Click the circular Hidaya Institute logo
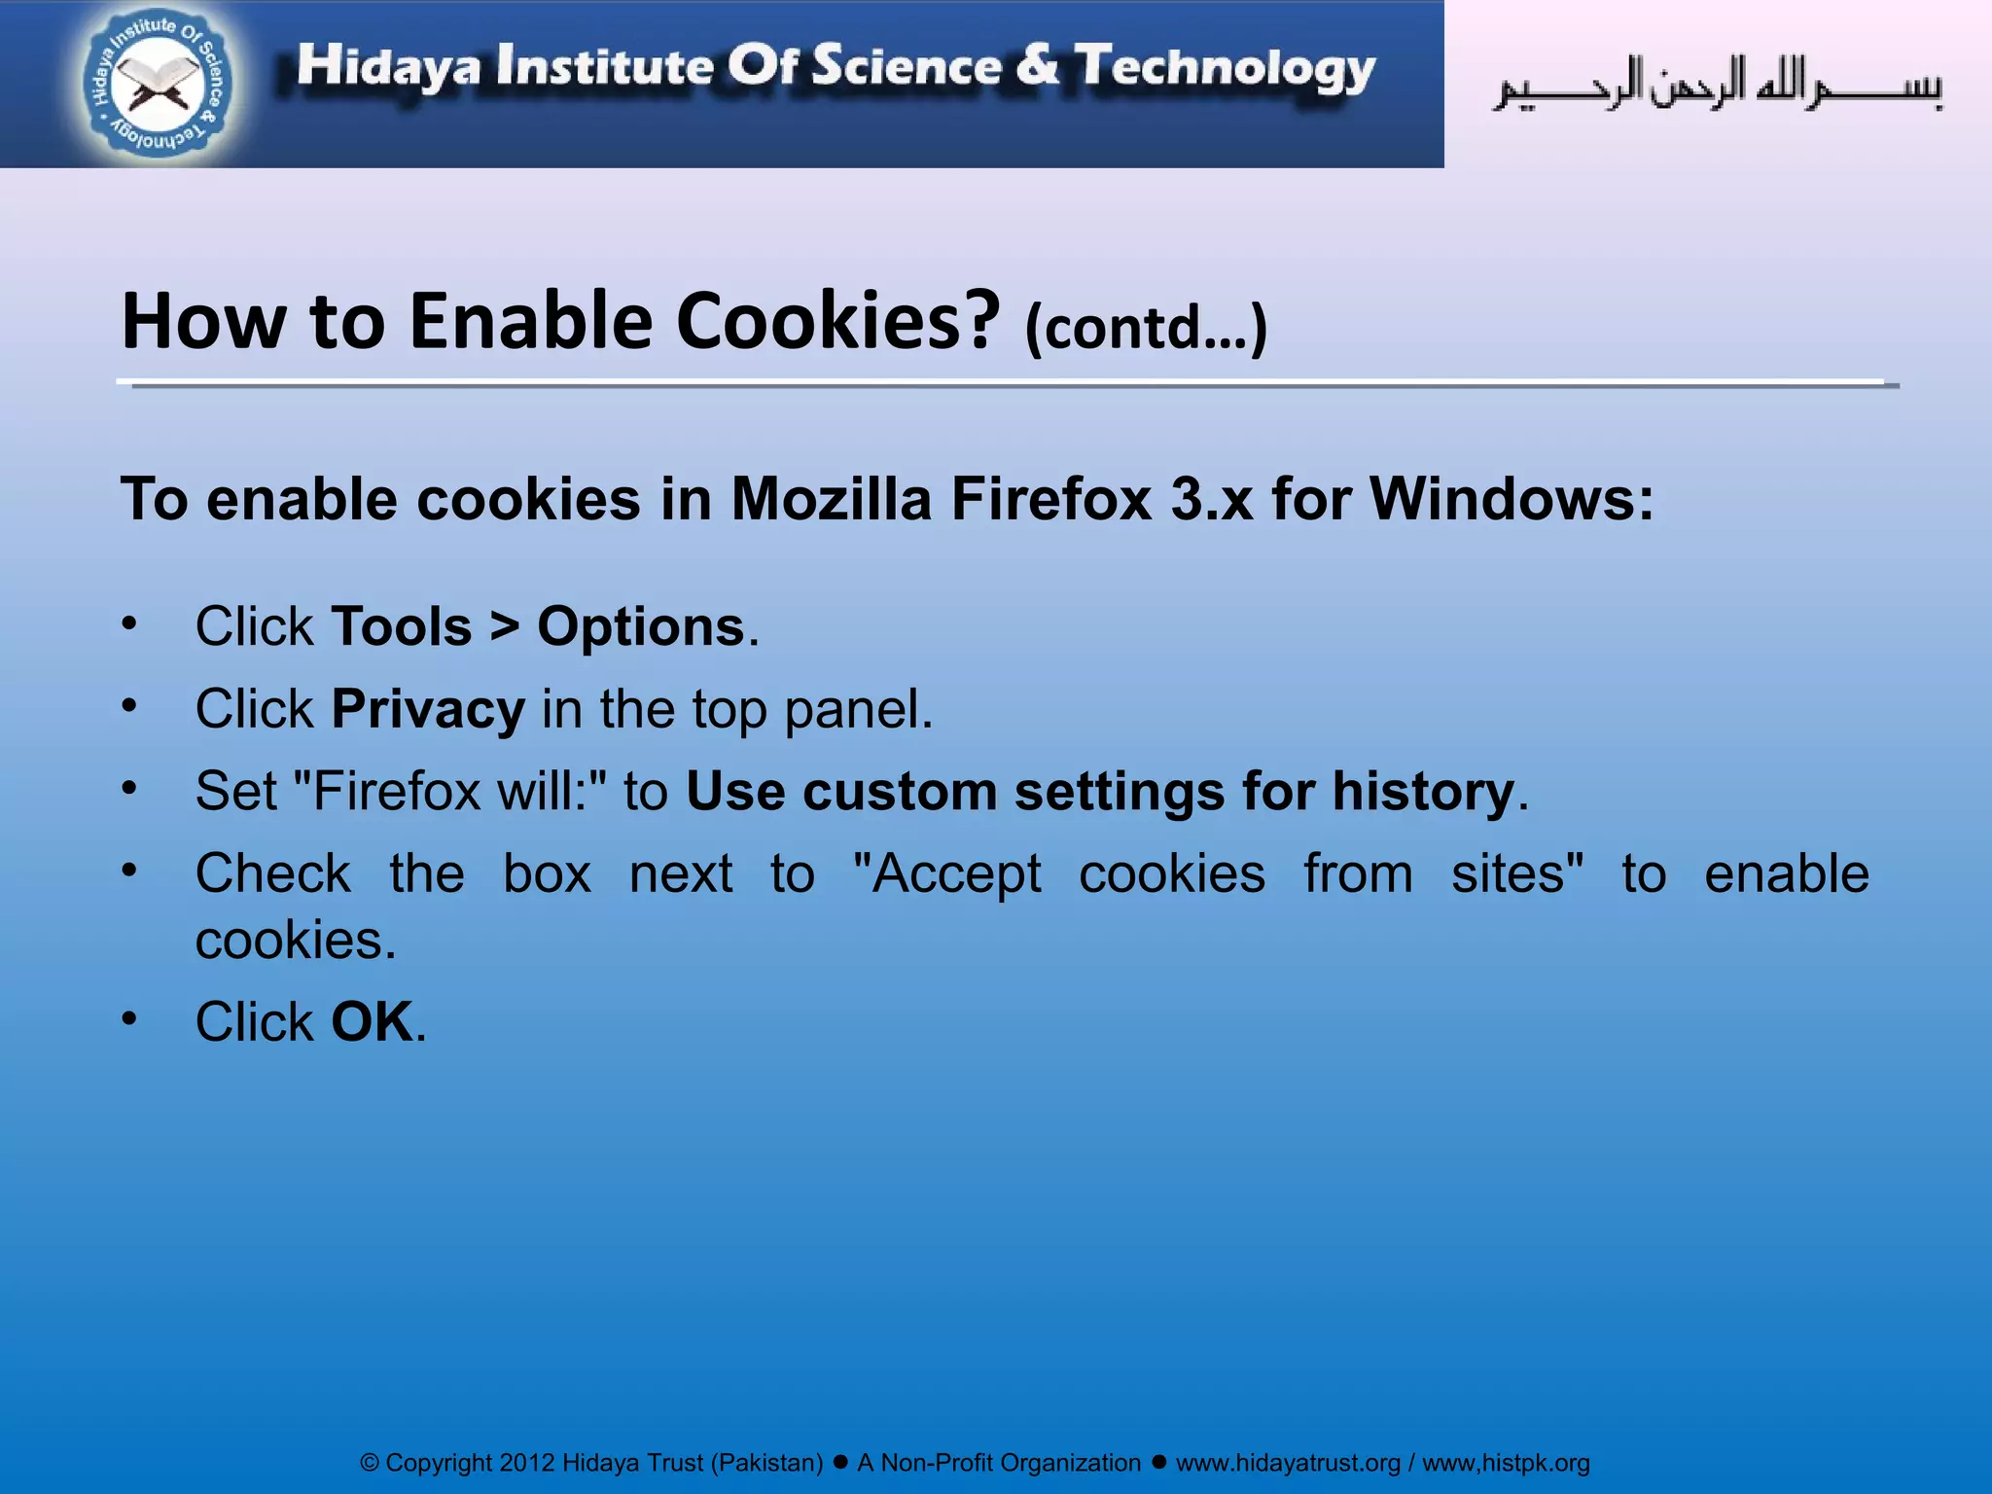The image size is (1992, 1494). click(159, 86)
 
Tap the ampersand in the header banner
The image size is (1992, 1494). click(1038, 66)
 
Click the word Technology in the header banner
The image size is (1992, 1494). click(1226, 68)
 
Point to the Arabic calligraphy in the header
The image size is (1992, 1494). click(1718, 86)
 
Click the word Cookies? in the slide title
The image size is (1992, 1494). click(837, 321)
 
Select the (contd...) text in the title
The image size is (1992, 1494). click(1146, 328)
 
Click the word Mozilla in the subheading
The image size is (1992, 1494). click(831, 499)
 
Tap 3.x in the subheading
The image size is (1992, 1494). click(1212, 499)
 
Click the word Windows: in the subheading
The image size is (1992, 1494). click(1512, 499)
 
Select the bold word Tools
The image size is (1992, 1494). click(402, 626)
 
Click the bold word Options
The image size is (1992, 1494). click(641, 626)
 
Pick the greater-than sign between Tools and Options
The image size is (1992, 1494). click(505, 626)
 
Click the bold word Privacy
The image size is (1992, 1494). click(428, 709)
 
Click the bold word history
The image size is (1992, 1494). click(1423, 791)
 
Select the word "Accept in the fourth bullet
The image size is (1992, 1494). click(946, 873)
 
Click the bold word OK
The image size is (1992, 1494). click(373, 1022)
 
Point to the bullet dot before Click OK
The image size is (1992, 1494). click(129, 1018)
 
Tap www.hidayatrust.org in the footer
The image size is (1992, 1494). click(1288, 1463)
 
